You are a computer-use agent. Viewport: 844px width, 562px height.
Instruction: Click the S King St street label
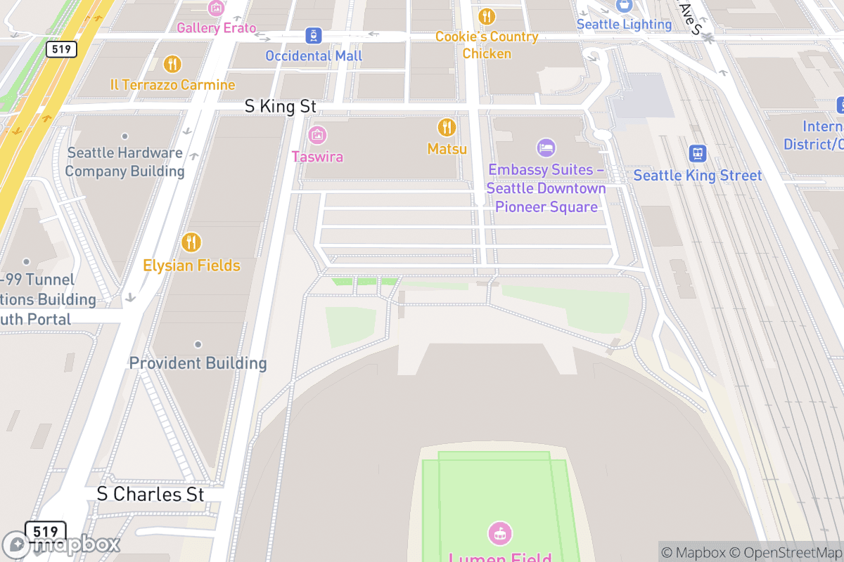coord(281,107)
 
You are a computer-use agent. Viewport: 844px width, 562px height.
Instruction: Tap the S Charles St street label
coord(151,494)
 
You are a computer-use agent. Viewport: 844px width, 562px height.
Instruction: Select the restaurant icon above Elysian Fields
coord(191,242)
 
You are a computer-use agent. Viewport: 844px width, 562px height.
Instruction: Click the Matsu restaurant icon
coord(447,127)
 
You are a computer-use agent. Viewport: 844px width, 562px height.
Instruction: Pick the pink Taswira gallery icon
coord(317,135)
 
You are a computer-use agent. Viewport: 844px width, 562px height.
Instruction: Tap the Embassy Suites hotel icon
coord(546,148)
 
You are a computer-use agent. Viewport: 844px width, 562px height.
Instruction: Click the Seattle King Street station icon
coord(698,153)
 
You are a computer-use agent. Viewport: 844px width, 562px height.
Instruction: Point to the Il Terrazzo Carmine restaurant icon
coord(172,65)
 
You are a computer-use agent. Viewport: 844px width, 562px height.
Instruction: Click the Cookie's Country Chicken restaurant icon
coord(486,16)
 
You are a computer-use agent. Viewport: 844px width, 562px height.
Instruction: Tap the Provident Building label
coord(198,363)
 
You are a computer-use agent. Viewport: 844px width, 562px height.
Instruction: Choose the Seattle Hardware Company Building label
coord(124,162)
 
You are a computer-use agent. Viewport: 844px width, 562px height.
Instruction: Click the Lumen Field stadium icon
coord(499,533)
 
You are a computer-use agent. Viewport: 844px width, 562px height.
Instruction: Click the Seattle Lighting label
coord(624,24)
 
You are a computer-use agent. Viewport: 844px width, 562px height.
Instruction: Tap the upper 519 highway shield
coord(61,49)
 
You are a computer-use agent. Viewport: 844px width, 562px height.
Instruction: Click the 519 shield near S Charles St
coord(45,530)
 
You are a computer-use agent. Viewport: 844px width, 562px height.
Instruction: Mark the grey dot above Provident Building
coord(198,344)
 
